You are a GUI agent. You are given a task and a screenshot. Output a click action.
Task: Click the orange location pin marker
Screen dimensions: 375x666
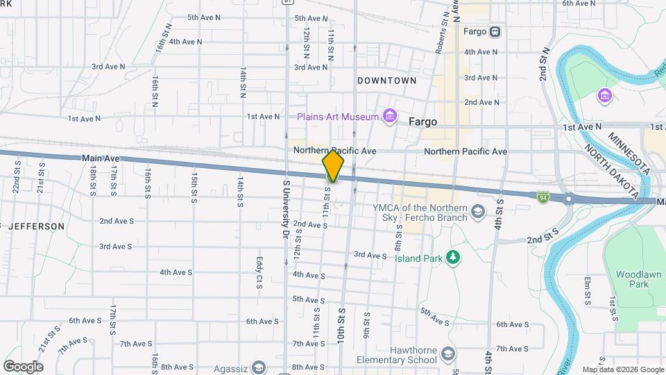(333, 165)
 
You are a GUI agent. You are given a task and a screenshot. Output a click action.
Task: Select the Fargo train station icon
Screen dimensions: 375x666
(495, 31)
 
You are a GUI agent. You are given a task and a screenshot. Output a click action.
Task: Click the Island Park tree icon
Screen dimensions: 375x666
(453, 258)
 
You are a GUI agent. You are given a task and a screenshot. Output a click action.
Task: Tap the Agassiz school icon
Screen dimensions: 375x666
(258, 367)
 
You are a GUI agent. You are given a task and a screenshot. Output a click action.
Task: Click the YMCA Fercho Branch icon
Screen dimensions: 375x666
(477, 210)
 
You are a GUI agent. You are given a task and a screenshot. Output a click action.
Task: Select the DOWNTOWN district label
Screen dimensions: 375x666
(386, 81)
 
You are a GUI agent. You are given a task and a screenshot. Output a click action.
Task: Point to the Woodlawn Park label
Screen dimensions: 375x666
(632, 279)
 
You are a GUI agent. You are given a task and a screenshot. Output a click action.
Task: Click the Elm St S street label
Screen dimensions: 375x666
(586, 290)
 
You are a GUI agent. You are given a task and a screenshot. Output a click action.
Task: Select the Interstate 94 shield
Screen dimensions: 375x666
(543, 198)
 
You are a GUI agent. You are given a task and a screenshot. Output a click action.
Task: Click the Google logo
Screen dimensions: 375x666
(23, 367)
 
